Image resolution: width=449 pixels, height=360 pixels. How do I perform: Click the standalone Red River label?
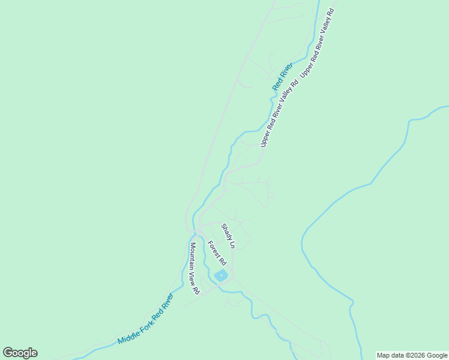pos(282,76)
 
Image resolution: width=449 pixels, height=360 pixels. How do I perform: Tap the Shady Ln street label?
pos(228,236)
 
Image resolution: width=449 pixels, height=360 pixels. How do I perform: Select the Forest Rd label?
pos(217,254)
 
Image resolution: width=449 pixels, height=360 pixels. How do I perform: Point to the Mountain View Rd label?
pos(194,268)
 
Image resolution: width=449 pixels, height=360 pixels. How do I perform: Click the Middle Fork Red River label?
pos(145,319)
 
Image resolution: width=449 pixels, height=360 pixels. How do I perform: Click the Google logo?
pos(20,353)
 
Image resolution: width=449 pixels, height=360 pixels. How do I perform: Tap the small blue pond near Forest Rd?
pos(221,275)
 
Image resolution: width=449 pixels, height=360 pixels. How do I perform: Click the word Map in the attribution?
pos(384,355)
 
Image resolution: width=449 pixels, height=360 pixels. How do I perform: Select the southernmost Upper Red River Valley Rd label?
pos(279,113)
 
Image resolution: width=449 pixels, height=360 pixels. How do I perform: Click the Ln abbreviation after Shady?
pos(231,244)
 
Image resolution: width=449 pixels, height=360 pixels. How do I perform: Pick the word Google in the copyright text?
pos(438,355)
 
